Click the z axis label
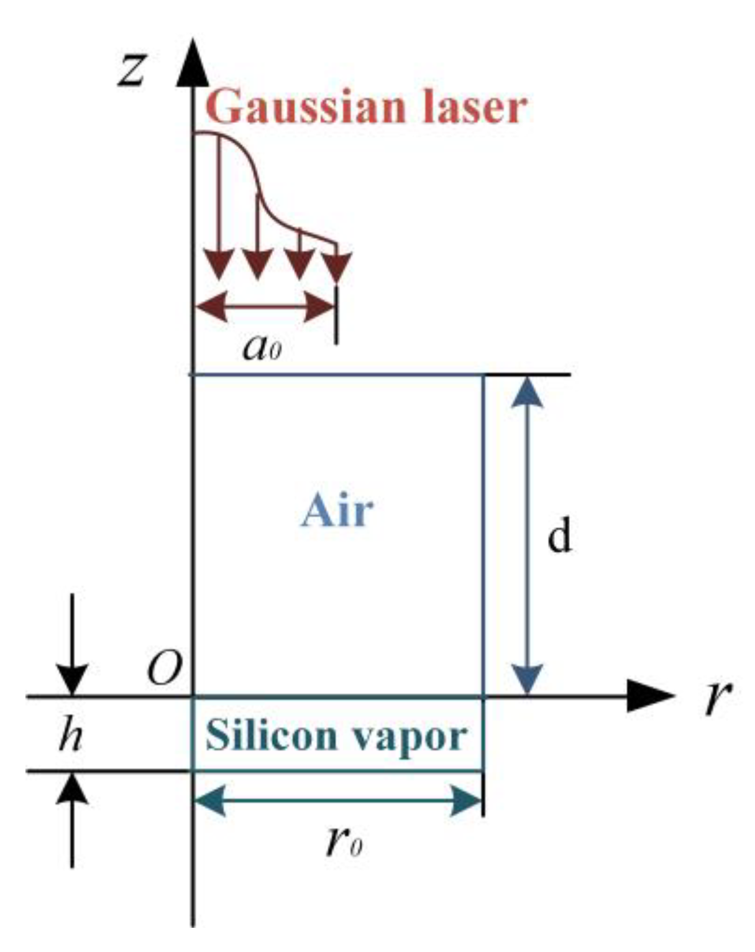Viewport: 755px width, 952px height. coord(132,68)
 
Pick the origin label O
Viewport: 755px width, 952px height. coord(164,668)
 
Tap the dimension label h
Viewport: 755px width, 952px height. coord(70,736)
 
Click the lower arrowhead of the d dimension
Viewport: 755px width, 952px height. coord(527,678)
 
